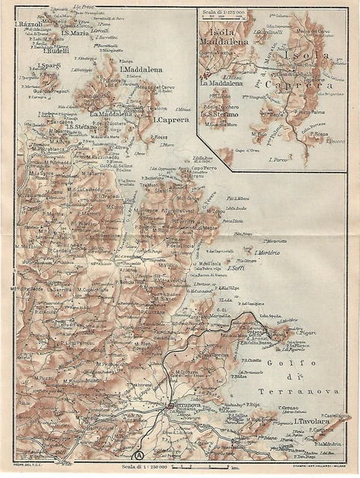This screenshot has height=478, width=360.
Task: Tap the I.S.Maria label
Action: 76,33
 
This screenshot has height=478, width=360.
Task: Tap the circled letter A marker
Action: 138,453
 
